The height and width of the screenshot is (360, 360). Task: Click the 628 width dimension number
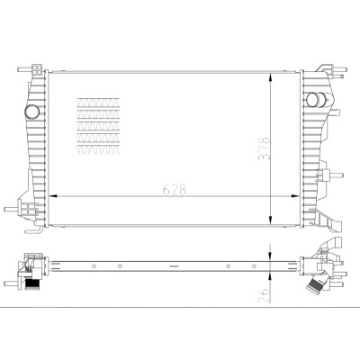click(x=175, y=190)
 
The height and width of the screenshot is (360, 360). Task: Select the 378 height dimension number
click(x=265, y=148)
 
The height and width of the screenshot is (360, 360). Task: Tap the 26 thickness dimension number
click(x=265, y=295)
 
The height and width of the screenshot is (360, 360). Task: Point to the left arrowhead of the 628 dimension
click(x=53, y=196)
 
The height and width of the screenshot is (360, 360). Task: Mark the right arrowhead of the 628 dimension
click(x=295, y=196)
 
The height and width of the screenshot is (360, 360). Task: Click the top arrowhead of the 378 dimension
click(x=271, y=77)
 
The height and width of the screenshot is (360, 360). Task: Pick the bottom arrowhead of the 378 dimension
click(x=271, y=220)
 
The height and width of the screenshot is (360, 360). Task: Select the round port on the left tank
click(x=31, y=112)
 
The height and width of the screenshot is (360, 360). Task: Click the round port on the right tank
click(x=312, y=100)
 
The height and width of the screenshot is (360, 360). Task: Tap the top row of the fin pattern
click(x=98, y=103)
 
